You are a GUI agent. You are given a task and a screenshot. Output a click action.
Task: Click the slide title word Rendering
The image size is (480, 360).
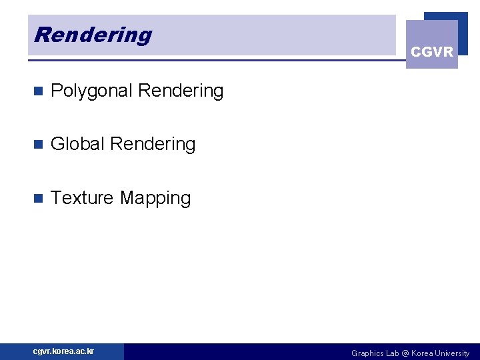[x=93, y=35]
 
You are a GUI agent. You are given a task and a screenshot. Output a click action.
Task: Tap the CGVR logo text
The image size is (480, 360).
[x=432, y=52]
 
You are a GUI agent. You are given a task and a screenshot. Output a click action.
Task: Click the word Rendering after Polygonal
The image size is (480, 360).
[x=181, y=91]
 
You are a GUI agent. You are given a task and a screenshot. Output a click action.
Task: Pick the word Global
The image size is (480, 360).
[x=78, y=144]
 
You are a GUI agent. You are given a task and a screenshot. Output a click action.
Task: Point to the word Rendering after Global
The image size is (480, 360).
[x=153, y=144]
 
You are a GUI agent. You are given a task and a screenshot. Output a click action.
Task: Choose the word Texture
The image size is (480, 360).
[x=82, y=198]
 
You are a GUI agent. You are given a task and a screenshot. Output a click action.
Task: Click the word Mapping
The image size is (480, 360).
[x=155, y=199]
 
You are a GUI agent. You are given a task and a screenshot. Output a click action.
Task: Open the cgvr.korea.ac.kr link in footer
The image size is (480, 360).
[x=64, y=351]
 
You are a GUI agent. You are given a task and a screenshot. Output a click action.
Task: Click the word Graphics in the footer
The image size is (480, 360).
[x=368, y=353]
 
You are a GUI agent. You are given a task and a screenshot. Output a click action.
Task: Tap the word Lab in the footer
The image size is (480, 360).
[x=393, y=353]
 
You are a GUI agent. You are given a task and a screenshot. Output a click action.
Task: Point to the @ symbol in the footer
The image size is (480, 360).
[x=407, y=353]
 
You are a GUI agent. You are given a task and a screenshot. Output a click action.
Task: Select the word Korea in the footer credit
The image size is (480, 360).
[x=423, y=353]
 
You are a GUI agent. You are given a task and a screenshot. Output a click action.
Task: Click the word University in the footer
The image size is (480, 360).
[x=453, y=353]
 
